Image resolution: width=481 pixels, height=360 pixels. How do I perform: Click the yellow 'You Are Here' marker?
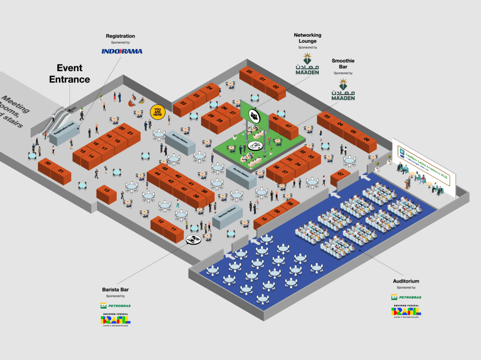(158, 112)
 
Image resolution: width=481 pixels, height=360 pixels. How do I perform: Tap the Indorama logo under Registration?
(122, 51)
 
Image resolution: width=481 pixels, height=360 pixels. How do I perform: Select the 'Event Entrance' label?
(69, 73)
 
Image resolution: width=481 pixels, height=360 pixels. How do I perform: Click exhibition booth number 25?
(249, 72)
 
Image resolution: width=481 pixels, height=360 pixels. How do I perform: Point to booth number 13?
(106, 190)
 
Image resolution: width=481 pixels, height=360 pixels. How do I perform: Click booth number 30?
(48, 164)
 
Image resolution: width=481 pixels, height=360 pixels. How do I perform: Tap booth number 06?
(366, 139)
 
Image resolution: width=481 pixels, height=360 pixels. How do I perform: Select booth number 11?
(174, 229)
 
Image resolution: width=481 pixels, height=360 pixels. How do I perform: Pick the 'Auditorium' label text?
(406, 281)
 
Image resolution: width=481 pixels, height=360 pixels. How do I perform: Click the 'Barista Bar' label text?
(115, 289)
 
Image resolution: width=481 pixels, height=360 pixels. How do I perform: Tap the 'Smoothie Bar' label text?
(343, 64)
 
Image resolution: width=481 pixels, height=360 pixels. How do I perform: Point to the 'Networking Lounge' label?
(307, 38)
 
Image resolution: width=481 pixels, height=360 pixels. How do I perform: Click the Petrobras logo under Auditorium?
(406, 297)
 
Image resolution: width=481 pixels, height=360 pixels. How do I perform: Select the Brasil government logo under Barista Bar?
(115, 320)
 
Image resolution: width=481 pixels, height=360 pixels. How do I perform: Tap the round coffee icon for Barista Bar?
(194, 240)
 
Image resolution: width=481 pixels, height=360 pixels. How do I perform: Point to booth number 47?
(288, 126)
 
